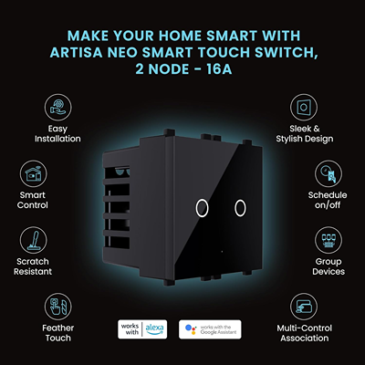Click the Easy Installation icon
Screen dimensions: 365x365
point(58,108)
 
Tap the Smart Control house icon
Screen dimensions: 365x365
point(34,174)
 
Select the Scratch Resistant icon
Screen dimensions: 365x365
point(34,240)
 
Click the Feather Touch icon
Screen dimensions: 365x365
point(58,307)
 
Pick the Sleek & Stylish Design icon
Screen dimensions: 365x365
point(304,108)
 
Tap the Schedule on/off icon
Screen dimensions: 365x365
point(328,174)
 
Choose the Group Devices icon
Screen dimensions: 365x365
point(328,240)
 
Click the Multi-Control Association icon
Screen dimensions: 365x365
point(304,307)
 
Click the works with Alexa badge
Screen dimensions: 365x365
point(142,329)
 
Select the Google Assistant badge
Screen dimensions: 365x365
point(210,329)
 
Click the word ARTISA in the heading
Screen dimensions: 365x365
point(77,53)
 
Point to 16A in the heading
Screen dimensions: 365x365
point(219,69)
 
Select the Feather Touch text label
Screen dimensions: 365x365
point(58,333)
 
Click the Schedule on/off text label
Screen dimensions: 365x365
point(328,200)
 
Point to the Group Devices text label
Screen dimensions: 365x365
point(328,266)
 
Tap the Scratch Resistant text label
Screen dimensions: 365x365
point(33,266)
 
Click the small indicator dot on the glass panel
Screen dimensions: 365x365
point(222,252)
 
